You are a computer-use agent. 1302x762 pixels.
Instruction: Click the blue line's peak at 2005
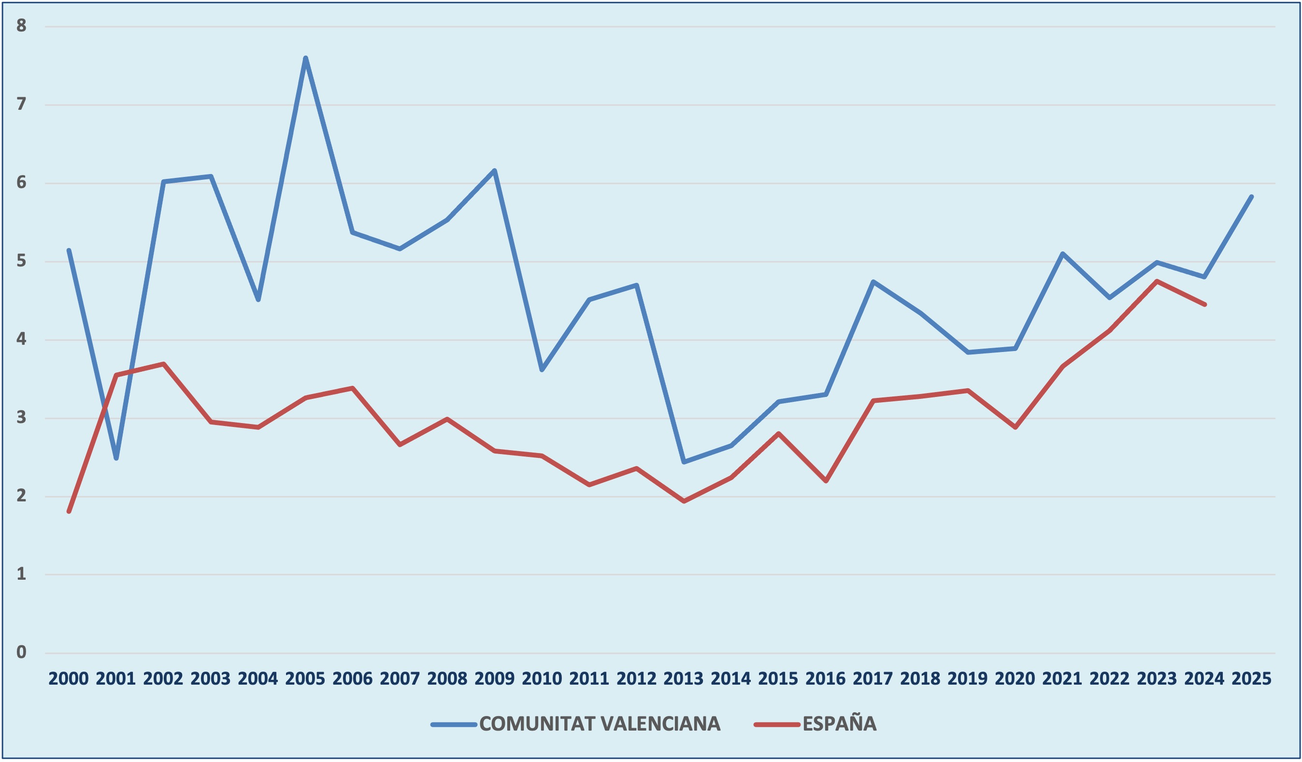(305, 58)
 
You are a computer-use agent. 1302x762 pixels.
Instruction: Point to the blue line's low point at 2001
(116, 458)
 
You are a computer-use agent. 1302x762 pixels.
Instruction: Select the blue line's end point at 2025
(1252, 196)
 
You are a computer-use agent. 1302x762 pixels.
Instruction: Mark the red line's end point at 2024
(1205, 305)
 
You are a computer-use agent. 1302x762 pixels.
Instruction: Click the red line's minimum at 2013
(684, 501)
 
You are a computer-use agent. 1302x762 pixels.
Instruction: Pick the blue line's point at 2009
(494, 171)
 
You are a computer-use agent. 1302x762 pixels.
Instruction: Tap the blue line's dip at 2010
(542, 370)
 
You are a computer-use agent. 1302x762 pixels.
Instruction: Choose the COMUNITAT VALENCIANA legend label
(600, 724)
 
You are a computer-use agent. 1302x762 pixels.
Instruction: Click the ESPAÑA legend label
(840, 724)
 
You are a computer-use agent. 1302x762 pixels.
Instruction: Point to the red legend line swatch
(776, 724)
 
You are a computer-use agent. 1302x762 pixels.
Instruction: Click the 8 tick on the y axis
(21, 25)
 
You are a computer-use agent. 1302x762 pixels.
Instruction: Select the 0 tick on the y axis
(21, 652)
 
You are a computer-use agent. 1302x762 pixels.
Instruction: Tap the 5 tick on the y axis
(21, 261)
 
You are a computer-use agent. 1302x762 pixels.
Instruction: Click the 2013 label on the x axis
(684, 679)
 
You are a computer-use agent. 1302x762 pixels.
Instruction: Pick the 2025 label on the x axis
(1251, 679)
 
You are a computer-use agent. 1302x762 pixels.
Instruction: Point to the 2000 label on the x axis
(69, 679)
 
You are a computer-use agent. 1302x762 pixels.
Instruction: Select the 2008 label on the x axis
(447, 679)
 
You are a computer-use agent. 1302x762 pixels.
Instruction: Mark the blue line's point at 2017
(873, 282)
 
